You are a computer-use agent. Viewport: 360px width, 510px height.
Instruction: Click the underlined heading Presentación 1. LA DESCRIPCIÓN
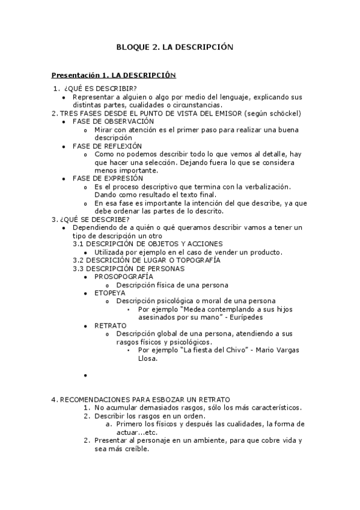114,75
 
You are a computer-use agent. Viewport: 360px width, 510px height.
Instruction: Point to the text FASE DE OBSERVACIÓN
113,121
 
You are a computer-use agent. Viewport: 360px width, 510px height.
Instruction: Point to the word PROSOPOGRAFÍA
120,276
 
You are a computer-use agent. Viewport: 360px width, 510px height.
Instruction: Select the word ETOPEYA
105,292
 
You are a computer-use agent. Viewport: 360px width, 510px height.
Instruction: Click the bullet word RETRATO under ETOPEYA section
106,325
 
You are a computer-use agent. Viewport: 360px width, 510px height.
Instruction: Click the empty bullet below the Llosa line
86,375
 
